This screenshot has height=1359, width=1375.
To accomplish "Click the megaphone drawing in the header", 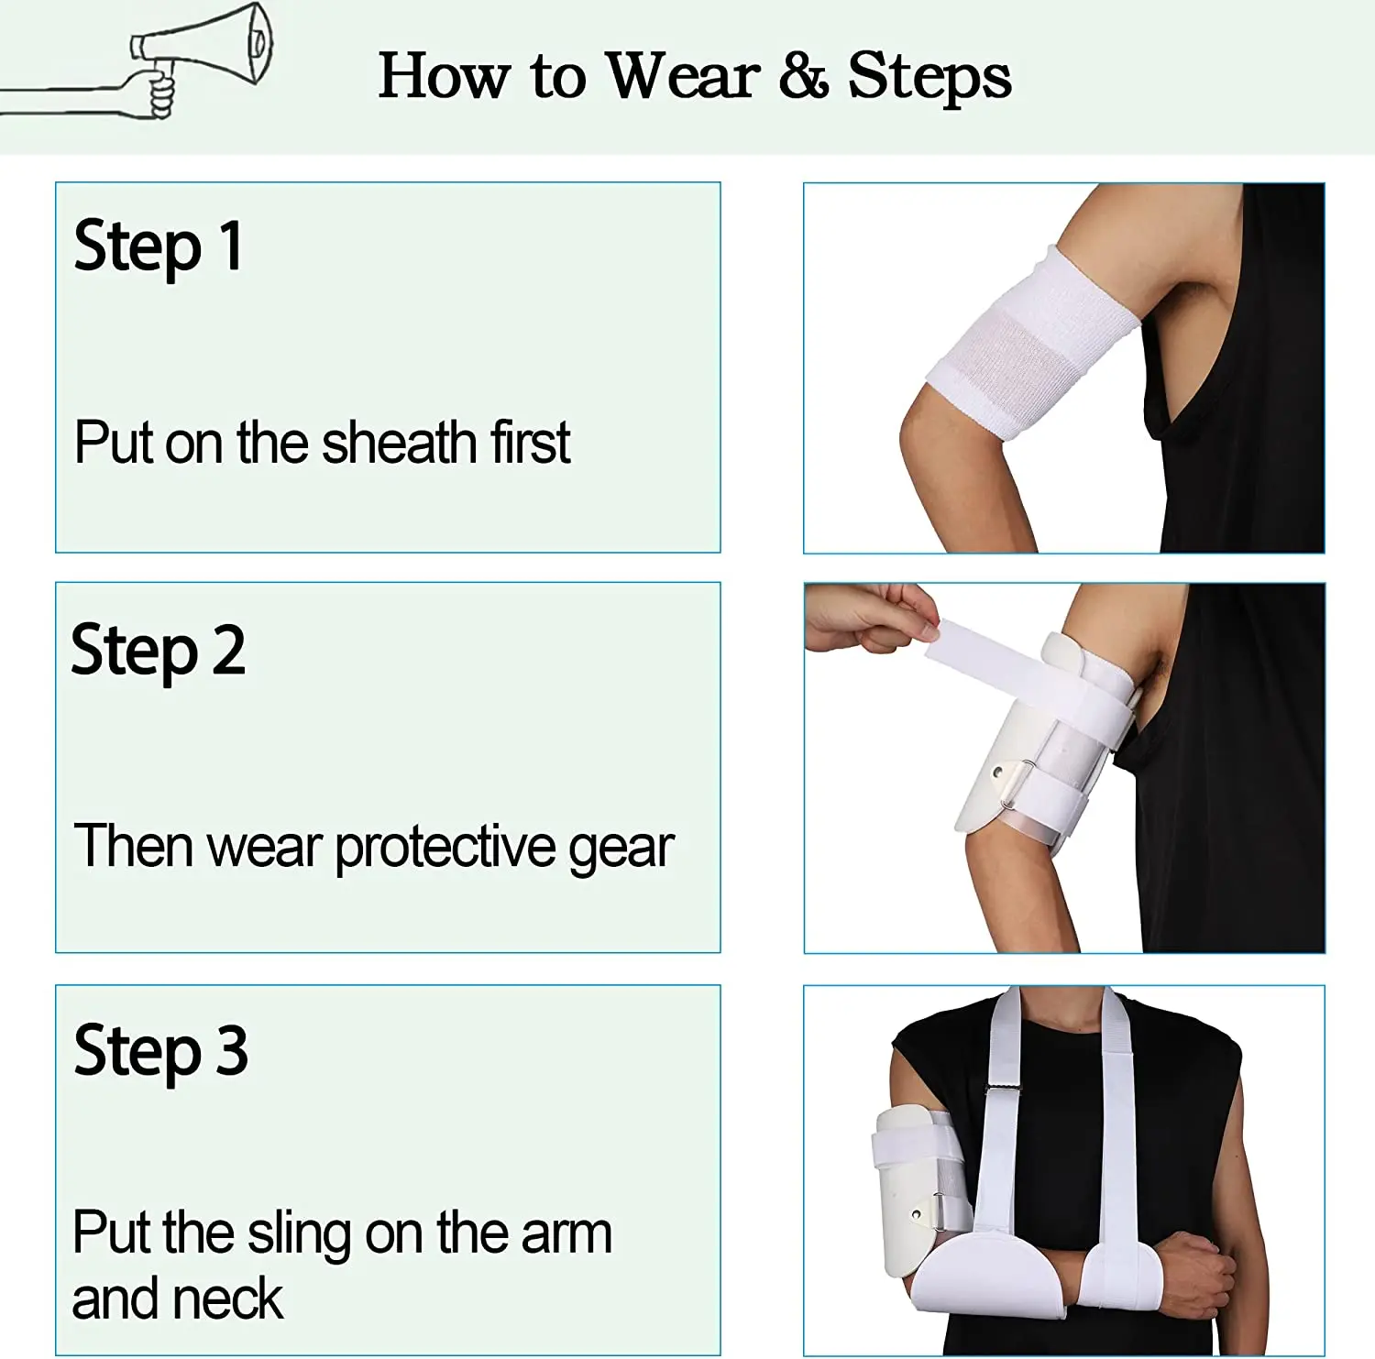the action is (202, 57).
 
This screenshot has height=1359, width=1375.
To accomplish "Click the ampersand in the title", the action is (804, 75).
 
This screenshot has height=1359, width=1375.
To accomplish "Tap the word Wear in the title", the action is (684, 75).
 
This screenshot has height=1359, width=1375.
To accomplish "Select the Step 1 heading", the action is (159, 247).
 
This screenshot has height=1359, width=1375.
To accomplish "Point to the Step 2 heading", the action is (159, 651).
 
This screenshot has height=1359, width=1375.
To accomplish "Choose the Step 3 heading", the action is (160, 1051).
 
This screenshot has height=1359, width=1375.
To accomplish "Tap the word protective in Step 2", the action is (445, 848).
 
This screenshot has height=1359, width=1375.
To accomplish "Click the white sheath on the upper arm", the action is (1032, 343).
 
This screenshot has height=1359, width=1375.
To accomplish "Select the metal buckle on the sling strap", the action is (1003, 1089).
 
